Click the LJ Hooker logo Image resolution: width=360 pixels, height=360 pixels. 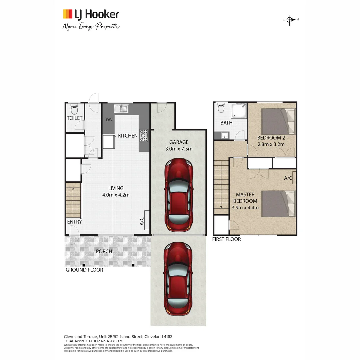pyautogui.click(x=91, y=14)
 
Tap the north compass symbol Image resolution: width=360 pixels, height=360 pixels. pyautogui.click(x=289, y=20)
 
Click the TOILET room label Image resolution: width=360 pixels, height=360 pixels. pyautogui.click(x=74, y=118)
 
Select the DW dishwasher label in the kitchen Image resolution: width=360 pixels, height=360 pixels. pyautogui.click(x=109, y=120)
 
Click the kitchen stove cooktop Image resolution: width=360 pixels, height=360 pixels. pyautogui.click(x=144, y=135)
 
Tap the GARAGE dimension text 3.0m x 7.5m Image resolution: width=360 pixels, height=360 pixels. pyautogui.click(x=179, y=149)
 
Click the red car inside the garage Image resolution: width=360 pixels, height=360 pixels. pyautogui.click(x=178, y=195)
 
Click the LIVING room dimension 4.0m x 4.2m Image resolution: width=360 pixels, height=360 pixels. pyautogui.click(x=116, y=195)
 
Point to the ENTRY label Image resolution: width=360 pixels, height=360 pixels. pyautogui.click(x=74, y=222)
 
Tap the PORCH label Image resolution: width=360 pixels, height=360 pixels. pyautogui.click(x=104, y=251)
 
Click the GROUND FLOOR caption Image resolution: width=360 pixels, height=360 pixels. pyautogui.click(x=84, y=270)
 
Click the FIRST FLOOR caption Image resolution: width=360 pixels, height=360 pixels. pyautogui.click(x=226, y=239)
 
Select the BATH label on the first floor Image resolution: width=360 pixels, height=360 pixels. pyautogui.click(x=226, y=123)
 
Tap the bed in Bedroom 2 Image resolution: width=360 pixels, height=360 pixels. pyautogui.click(x=278, y=122)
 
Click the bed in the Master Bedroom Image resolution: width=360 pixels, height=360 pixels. pyautogui.click(x=278, y=204)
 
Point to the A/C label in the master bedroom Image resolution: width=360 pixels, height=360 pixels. pyautogui.click(x=288, y=178)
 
